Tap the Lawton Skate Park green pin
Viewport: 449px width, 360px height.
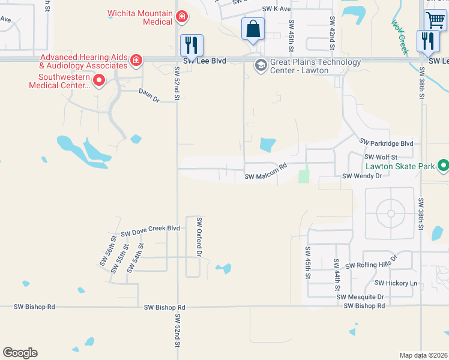pos(443,164)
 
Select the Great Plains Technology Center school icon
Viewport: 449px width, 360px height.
pos(261,65)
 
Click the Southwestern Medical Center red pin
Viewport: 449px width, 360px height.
pos(99,80)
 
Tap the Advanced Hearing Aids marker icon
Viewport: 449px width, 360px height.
pos(136,60)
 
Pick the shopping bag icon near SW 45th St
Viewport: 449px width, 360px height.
pos(253,29)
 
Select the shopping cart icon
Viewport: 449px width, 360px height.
pos(435,19)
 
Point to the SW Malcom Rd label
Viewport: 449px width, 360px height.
pos(266,176)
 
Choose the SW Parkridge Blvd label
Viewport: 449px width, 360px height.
pos(387,143)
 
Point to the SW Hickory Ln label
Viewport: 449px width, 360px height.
pos(396,283)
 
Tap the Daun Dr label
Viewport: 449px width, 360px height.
pos(148,95)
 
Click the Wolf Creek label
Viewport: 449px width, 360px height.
pos(400,38)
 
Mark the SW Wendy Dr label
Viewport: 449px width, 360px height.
pos(362,176)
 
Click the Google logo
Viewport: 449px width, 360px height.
pos(20,353)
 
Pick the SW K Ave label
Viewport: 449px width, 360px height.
pos(276,10)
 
